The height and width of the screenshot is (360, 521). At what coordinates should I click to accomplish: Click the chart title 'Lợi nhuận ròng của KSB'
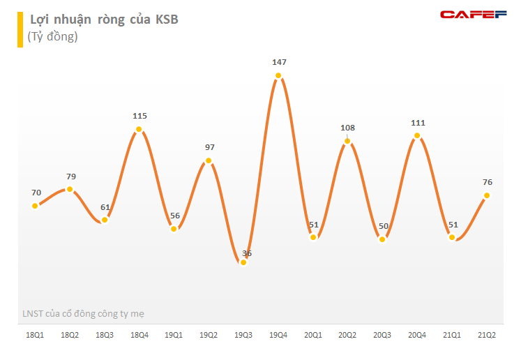click(103, 20)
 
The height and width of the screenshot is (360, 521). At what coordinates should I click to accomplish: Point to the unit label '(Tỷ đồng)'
click(52, 37)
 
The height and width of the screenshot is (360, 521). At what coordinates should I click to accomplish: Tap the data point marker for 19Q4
click(278, 76)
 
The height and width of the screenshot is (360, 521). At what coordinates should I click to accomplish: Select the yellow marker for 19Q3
click(243, 262)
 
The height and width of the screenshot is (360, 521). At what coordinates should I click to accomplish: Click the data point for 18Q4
click(139, 129)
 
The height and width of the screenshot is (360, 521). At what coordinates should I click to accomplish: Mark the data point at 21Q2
click(487, 195)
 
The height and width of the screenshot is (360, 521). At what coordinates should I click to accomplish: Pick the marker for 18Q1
click(35, 206)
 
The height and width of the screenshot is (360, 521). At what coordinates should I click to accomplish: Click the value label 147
click(278, 62)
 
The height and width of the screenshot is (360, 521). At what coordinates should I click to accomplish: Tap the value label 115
click(139, 116)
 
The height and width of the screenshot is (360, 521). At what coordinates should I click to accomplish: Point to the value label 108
click(347, 128)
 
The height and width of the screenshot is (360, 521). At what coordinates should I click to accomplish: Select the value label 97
click(210, 147)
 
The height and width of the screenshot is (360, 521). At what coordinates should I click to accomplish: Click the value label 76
click(488, 182)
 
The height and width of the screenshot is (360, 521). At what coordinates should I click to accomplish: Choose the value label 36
click(246, 253)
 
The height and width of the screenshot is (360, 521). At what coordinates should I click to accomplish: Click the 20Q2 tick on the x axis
click(347, 336)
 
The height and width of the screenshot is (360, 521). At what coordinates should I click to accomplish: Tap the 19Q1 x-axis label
click(174, 336)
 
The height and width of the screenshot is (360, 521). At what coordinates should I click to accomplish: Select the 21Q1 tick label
click(452, 336)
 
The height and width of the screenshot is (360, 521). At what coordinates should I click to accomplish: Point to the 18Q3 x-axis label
click(105, 336)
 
